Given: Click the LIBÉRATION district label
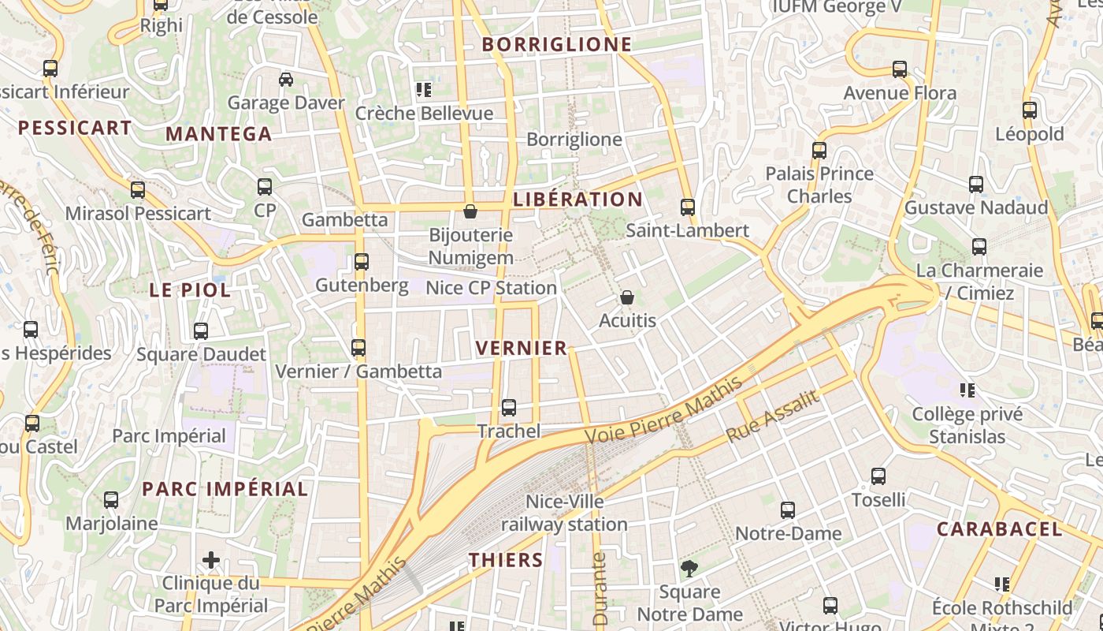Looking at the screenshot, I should [577, 200].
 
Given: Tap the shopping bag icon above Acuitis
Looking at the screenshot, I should [627, 297].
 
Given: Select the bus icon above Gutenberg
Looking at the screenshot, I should [362, 261].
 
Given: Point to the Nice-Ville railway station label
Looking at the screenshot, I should [565, 513].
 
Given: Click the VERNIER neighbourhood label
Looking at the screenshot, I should [522, 348].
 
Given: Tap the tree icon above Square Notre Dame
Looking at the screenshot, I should [689, 569].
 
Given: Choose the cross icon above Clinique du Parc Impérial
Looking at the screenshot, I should [211, 560].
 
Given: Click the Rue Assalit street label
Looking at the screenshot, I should [772, 416].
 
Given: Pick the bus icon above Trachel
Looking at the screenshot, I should [509, 408].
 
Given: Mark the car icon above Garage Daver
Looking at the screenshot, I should [286, 79].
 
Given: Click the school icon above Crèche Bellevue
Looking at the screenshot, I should [424, 90].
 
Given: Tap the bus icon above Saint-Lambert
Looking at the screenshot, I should [688, 207].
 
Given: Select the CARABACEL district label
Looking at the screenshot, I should [999, 529].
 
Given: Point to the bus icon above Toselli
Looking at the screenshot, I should [878, 476].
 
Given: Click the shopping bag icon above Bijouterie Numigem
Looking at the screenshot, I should [470, 211].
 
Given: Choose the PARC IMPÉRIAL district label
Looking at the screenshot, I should [225, 489].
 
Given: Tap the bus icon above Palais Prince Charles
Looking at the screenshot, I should [819, 150].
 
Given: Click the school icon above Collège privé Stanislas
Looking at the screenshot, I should [967, 390].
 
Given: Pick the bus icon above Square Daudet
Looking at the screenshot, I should [201, 331].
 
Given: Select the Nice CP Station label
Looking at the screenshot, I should [491, 289].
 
